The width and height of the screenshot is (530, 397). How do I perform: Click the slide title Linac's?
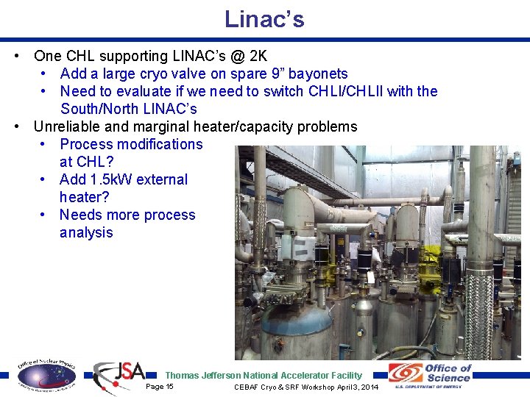coord(264,19)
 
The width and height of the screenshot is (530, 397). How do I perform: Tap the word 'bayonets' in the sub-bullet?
coord(318,74)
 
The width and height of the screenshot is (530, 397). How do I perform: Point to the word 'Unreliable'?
coord(71,126)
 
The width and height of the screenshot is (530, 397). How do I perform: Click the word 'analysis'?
coord(86,232)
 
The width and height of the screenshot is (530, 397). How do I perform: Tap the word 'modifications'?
coord(156,144)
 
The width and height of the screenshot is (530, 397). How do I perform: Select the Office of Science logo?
coord(431,376)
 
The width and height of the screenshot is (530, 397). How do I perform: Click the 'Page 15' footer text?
coord(160,387)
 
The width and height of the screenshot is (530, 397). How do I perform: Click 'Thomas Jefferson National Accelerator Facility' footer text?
coord(264,375)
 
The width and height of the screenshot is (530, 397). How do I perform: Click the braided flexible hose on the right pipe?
coord(481,294)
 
